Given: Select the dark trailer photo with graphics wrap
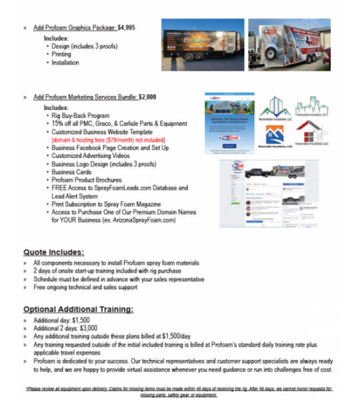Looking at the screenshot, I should pyautogui.click(x=201, y=45).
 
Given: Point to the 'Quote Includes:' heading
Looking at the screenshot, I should pyautogui.click(x=53, y=252).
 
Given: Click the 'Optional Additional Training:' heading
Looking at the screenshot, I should pyautogui.click(x=78, y=309).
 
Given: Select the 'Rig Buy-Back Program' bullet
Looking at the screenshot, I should pyautogui.click(x=81, y=115).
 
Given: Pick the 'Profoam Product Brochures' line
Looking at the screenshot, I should pyautogui.click(x=87, y=180).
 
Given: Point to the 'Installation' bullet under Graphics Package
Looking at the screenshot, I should pyautogui.click(x=65, y=63).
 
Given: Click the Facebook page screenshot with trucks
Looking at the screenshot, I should pyautogui.click(x=262, y=194).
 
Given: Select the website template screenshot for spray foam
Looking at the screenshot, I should pyautogui.click(x=229, y=125).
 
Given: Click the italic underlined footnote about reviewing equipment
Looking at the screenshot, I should pyautogui.click(x=180, y=391).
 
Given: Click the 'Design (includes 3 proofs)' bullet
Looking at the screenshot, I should pyautogui.click(x=85, y=47).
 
